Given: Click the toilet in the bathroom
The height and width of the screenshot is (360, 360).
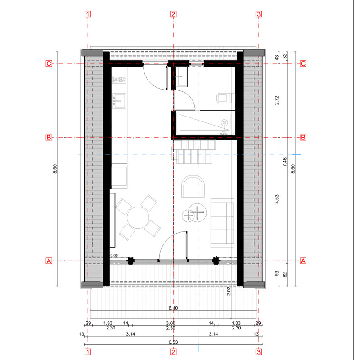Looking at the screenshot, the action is coord(225,98).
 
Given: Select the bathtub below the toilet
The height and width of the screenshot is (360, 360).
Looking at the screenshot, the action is coord(206,123).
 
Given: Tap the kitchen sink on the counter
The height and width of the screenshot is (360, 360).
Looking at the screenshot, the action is coord(119,100).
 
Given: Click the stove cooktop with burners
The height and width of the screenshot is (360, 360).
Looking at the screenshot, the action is coord(119,80).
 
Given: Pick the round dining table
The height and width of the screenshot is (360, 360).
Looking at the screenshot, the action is coord(138,217).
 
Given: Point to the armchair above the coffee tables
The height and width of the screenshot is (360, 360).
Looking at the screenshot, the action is coord(193,186).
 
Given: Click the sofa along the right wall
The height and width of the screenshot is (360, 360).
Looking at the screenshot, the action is coord(222,223).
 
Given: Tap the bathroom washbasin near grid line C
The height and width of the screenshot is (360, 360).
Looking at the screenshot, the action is coord(182,76).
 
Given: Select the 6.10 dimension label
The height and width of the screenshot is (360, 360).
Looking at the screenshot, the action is coord(173,308).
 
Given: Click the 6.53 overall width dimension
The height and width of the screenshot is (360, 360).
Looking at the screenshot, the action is coord(173,342).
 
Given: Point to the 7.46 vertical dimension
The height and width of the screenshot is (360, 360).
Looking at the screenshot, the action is coord(285,162).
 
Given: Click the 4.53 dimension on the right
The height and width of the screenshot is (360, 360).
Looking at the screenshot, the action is coord(277,199).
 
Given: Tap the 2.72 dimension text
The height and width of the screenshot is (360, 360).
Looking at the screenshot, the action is coord(277,100).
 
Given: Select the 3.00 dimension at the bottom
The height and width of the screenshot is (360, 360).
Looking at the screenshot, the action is coord(171,323).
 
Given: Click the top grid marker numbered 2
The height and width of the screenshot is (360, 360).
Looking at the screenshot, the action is coord(173,14).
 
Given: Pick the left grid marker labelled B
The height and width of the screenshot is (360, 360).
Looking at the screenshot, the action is coord(49,138).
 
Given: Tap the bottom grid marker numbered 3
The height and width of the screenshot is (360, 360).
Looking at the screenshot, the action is coord(259,352).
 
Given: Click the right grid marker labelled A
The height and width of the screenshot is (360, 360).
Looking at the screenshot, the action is coord(303,261).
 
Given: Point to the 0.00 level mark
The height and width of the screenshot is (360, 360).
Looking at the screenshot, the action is coord(114,255).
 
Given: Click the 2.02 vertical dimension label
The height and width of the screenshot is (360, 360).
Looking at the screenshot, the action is coord(229,291).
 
